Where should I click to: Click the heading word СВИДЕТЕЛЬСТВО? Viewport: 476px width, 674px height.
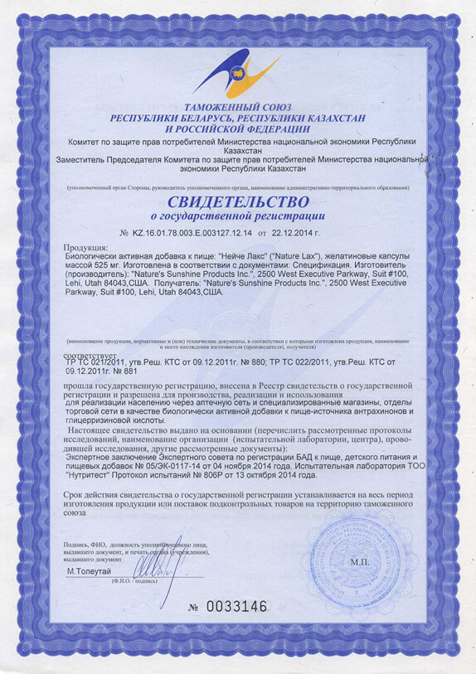click(x=238, y=201)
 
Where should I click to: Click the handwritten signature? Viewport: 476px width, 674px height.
click(x=158, y=569)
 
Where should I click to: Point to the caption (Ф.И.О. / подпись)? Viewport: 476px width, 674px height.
click(x=128, y=582)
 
